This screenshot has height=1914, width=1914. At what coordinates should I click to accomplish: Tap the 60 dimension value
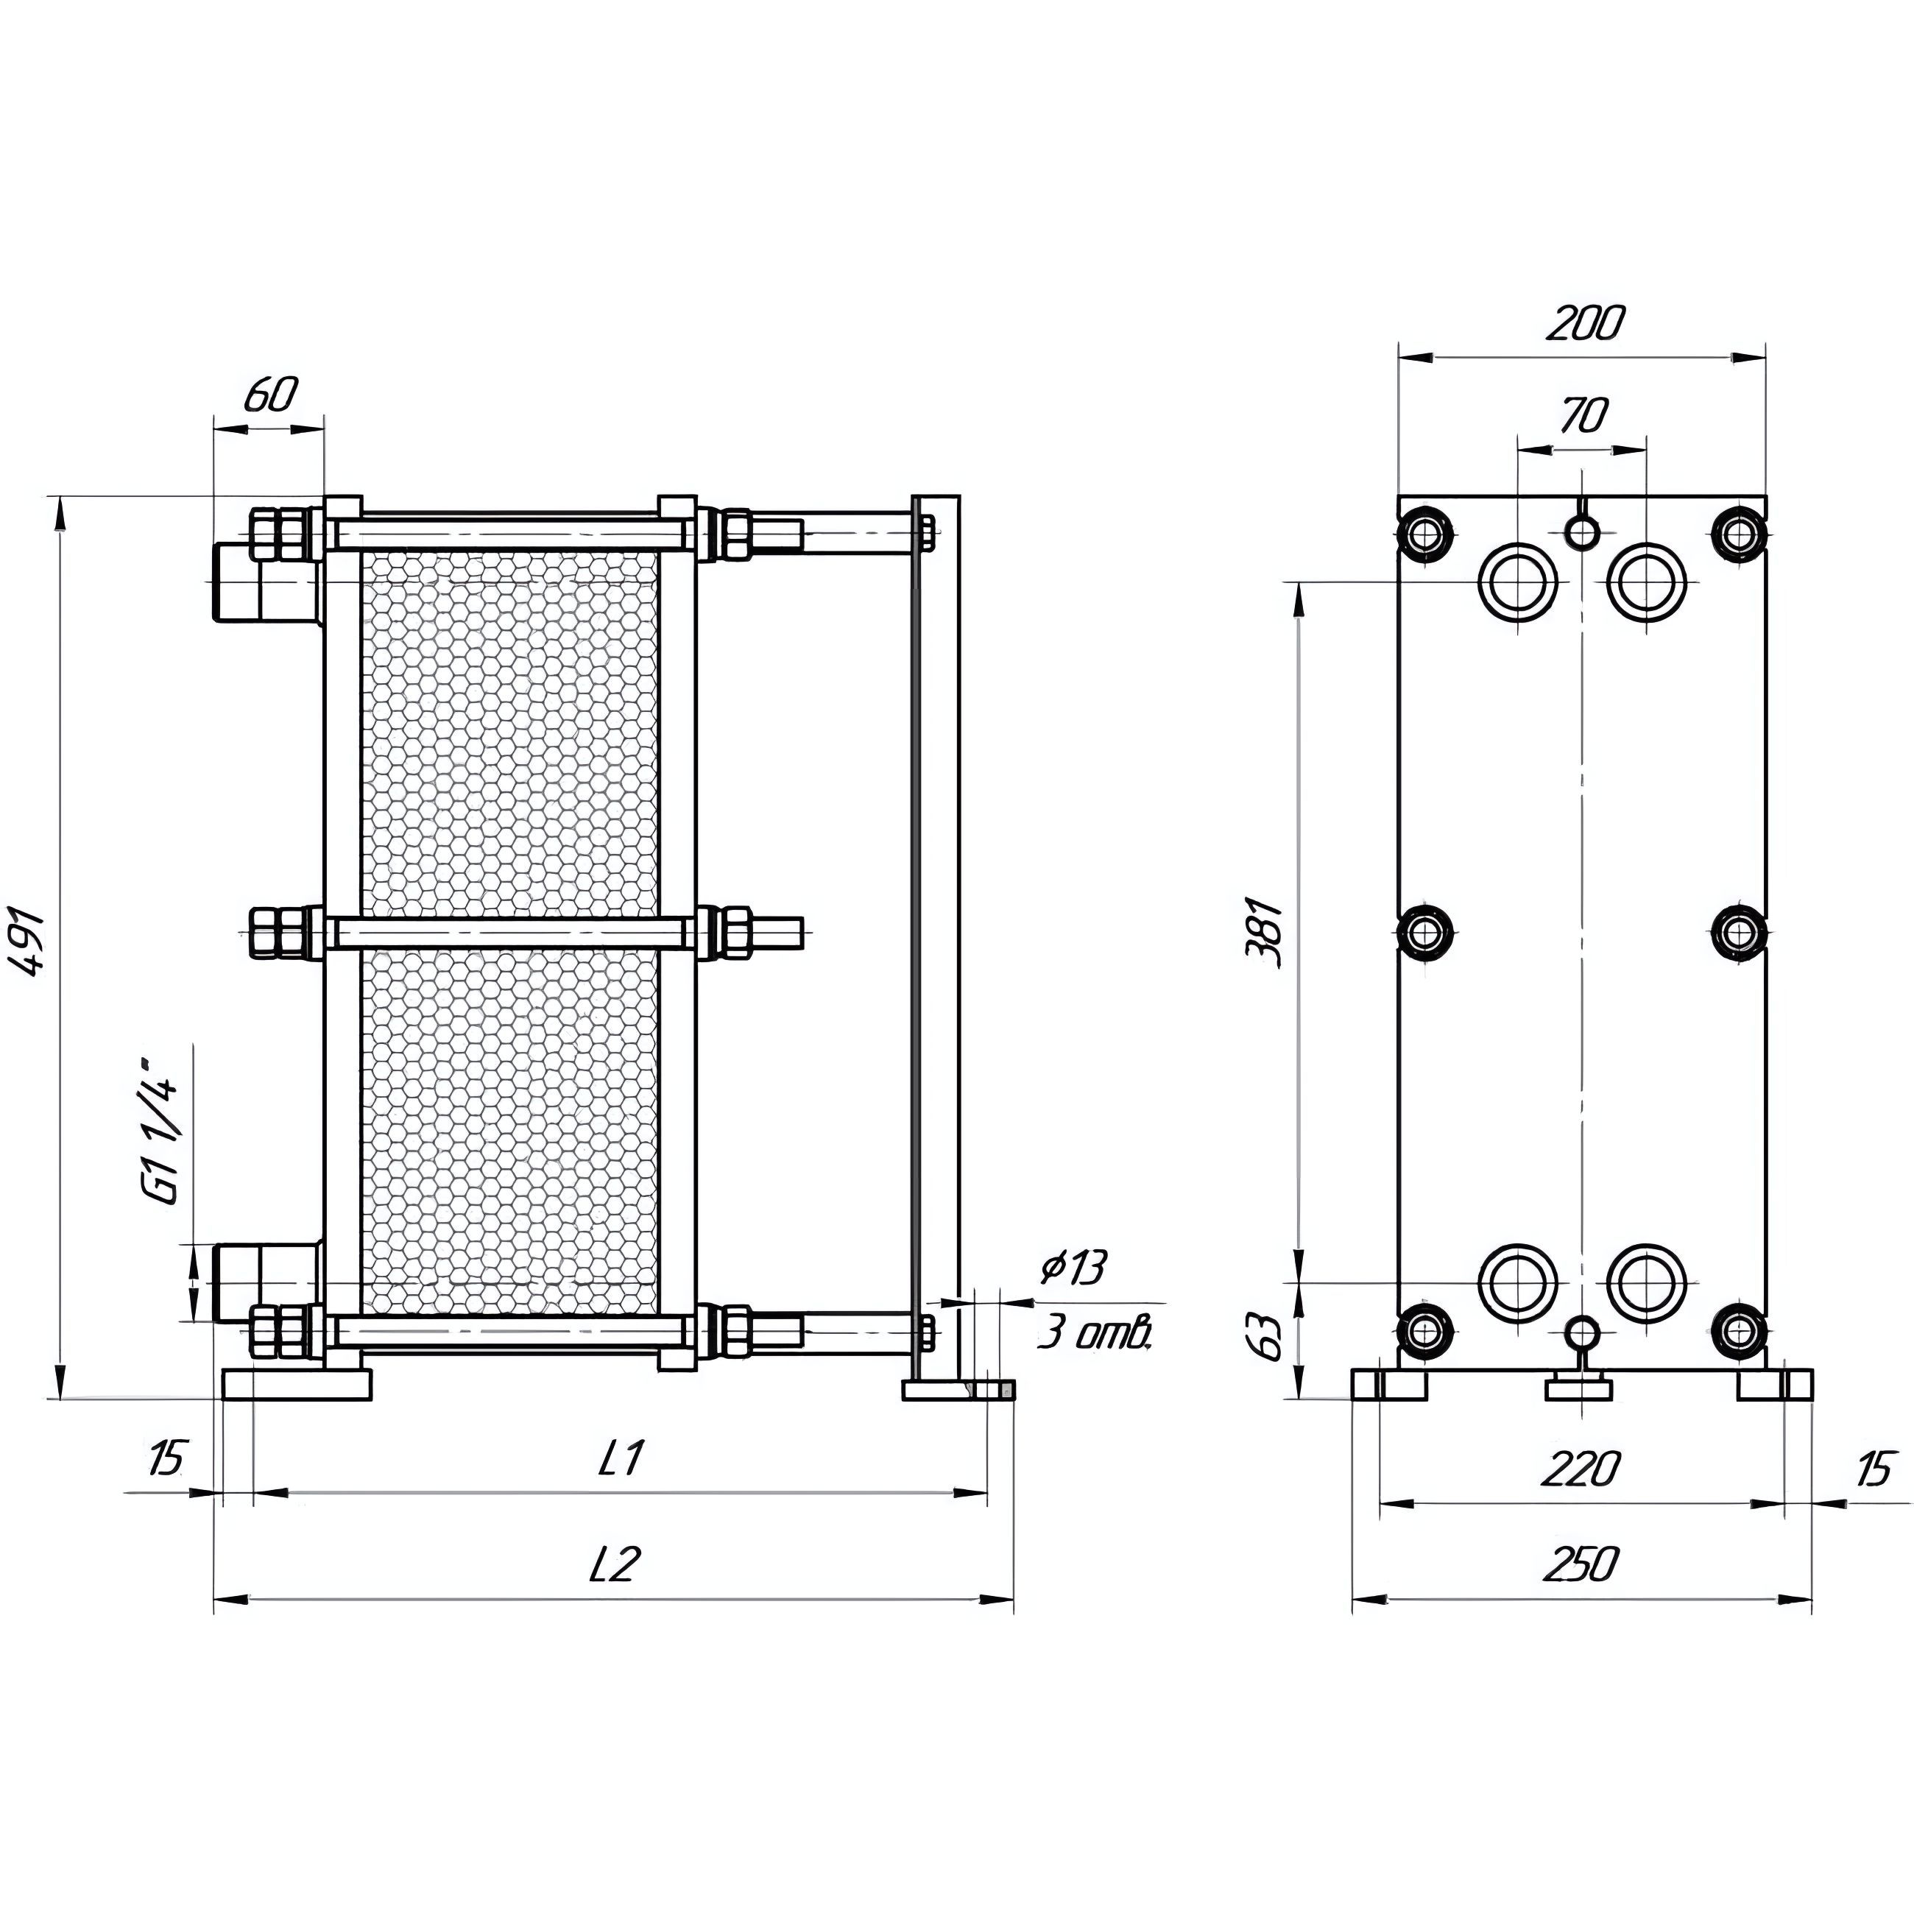(269, 396)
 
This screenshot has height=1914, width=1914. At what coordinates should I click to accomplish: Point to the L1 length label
(621, 1458)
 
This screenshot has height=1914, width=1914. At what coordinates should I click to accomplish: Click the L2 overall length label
(615, 1564)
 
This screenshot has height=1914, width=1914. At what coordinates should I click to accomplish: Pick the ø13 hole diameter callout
(1071, 1268)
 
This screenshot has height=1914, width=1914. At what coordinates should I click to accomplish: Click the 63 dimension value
(1272, 1338)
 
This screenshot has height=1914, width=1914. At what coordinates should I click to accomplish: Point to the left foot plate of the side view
(297, 1384)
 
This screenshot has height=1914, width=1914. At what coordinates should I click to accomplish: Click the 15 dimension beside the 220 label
(1871, 1468)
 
